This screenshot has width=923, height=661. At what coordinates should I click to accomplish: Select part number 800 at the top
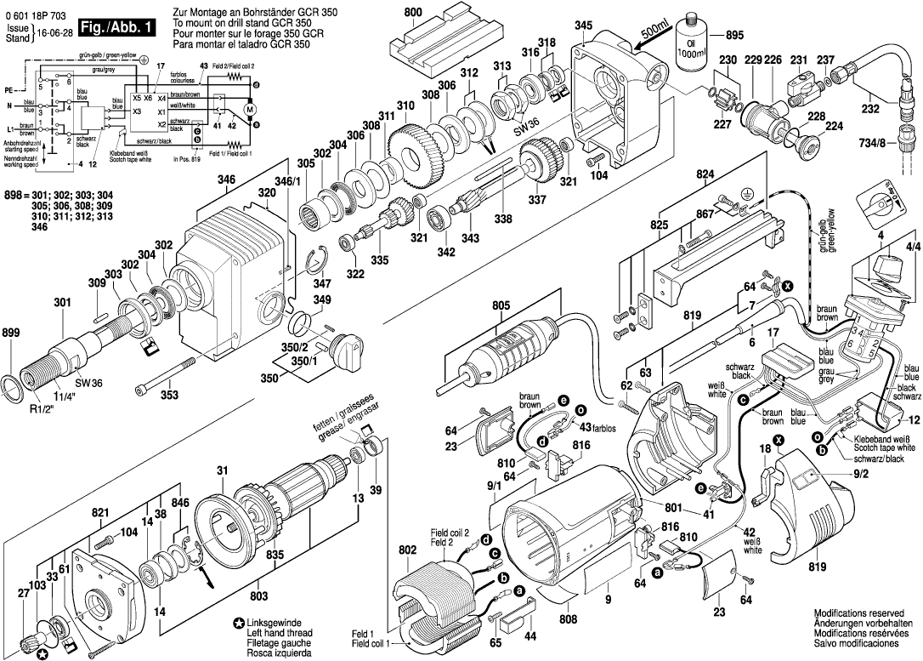(x=413, y=13)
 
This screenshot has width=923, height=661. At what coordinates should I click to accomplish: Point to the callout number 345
(x=583, y=26)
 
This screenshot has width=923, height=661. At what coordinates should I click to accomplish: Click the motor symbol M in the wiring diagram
(x=250, y=109)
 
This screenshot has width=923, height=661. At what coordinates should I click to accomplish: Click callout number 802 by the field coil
(x=407, y=551)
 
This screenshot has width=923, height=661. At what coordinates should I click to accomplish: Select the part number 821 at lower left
(x=101, y=513)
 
